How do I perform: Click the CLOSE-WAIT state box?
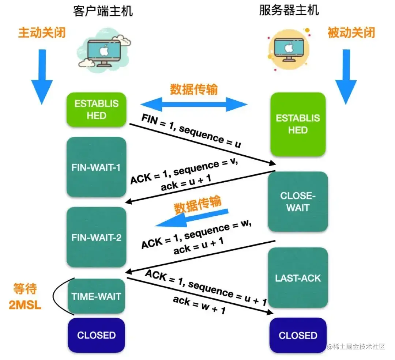(x=298, y=201)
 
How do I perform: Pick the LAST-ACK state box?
(x=298, y=278)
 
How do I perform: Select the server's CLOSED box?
(x=298, y=335)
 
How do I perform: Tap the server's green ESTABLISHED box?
(x=298, y=124)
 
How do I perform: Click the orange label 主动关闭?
(x=42, y=33)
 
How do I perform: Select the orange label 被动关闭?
(x=351, y=33)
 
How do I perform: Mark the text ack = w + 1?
(x=199, y=306)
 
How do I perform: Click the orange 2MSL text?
(x=25, y=304)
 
